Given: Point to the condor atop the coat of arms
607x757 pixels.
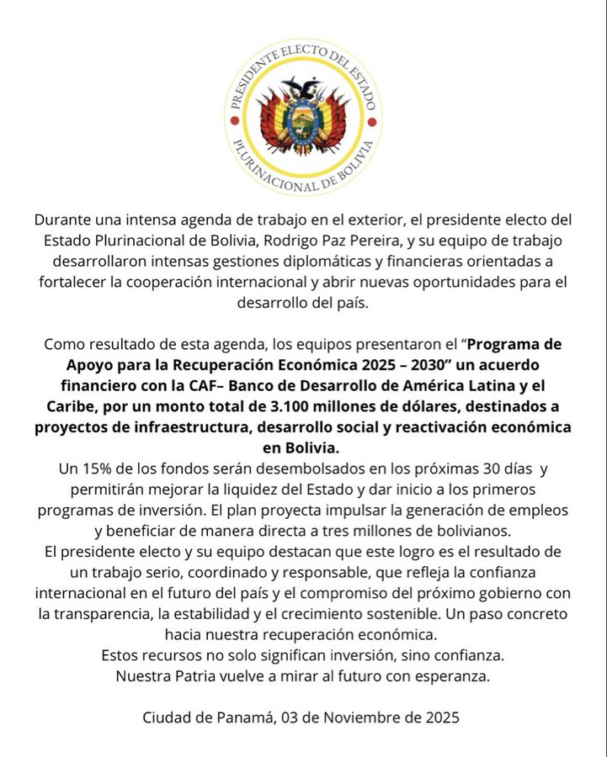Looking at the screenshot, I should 304,87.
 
